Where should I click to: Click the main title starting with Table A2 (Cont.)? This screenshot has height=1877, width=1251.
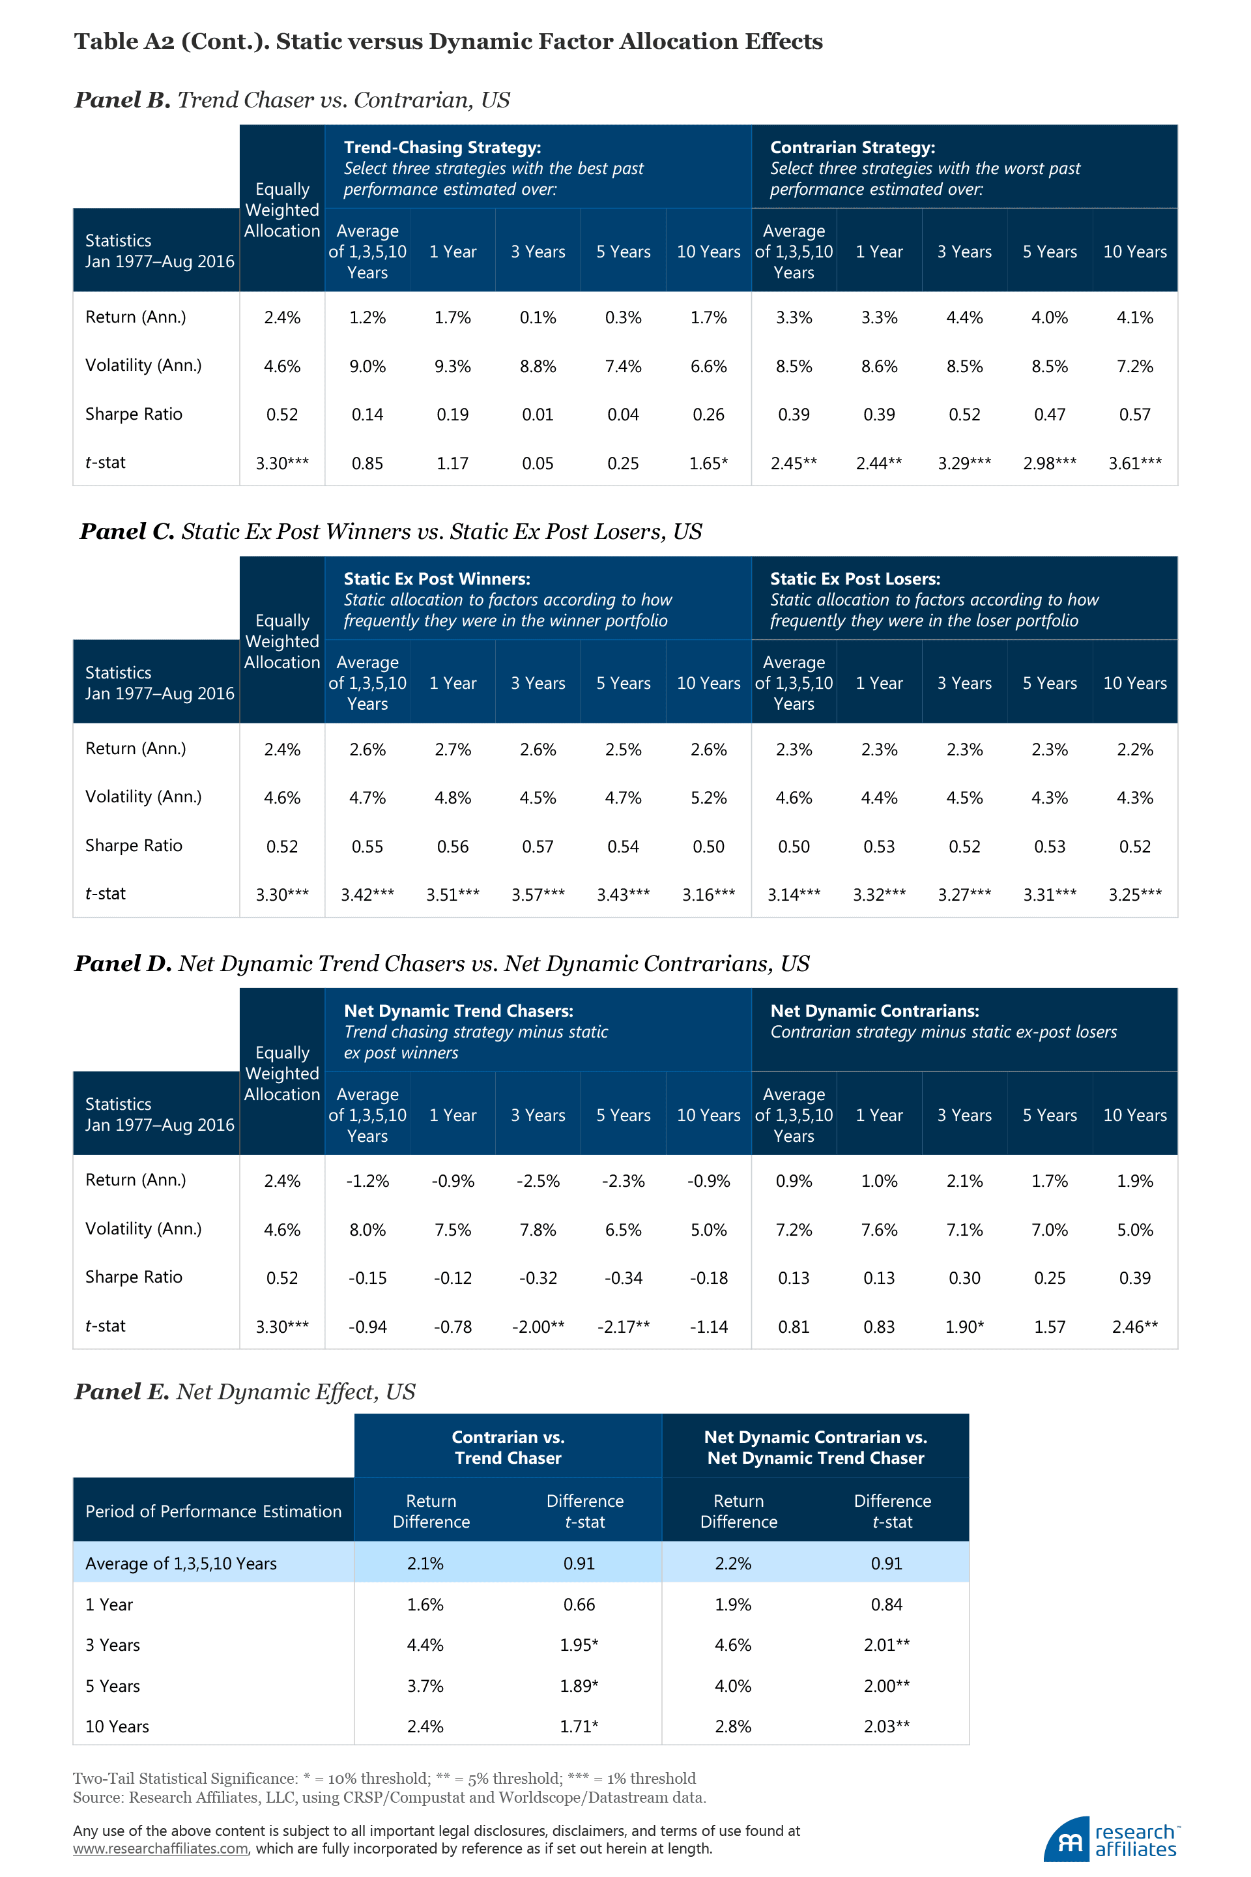click(x=448, y=42)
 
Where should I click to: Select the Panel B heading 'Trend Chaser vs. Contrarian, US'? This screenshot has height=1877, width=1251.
click(x=292, y=100)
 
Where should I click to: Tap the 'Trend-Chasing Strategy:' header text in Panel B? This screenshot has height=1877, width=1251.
click(x=442, y=148)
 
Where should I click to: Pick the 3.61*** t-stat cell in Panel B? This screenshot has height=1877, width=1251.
click(x=1134, y=463)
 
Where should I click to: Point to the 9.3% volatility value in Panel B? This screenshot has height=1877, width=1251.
click(x=452, y=366)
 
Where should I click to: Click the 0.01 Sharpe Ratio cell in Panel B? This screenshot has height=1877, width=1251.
click(x=538, y=415)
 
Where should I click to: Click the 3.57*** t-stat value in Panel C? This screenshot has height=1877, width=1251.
click(x=538, y=895)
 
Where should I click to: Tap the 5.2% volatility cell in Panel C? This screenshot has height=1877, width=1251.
click(x=708, y=798)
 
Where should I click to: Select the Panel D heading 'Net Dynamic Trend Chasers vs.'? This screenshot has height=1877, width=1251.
click(x=441, y=964)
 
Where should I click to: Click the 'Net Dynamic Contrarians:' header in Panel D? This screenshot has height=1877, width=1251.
click(x=874, y=1011)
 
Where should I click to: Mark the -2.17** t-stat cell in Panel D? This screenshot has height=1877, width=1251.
click(x=623, y=1326)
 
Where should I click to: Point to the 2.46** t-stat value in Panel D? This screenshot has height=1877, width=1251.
click(x=1134, y=1326)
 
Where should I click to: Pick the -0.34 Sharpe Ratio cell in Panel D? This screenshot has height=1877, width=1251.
click(x=623, y=1277)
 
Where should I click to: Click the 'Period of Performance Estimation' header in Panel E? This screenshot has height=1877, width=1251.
click(x=213, y=1511)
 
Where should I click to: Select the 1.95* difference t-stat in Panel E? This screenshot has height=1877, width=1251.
click(x=579, y=1645)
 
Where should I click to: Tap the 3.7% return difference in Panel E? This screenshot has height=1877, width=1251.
click(x=425, y=1685)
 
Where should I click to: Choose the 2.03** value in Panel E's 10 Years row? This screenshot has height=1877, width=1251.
click(x=886, y=1726)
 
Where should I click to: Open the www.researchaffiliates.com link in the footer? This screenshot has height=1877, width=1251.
click(x=160, y=1849)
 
